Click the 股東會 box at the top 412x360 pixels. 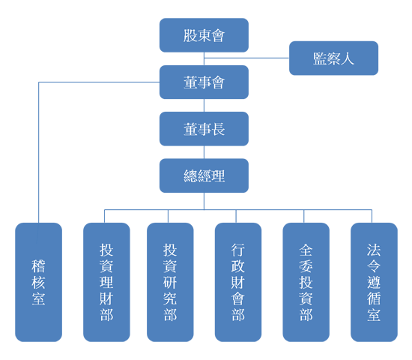[204, 35]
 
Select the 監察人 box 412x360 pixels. [333, 58]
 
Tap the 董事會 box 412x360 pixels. [204, 82]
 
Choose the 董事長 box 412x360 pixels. [204, 129]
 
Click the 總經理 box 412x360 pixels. [204, 175]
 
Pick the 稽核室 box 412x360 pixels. [39, 282]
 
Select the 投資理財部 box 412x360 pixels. [106, 282]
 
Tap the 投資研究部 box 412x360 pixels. [170, 282]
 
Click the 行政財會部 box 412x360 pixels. [238, 282]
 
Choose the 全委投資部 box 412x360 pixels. [306, 282]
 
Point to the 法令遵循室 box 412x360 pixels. [374, 282]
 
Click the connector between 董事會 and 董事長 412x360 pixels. [204, 106]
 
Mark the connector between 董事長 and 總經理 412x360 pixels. [204, 152]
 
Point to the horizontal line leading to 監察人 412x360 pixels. [246, 58]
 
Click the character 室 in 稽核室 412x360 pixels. [39, 298]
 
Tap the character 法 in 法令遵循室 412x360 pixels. [374, 250]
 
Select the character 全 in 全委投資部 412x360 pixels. [306, 250]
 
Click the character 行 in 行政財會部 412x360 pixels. [238, 250]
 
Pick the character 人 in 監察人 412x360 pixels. [348, 58]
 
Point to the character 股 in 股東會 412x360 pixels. [190, 35]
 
